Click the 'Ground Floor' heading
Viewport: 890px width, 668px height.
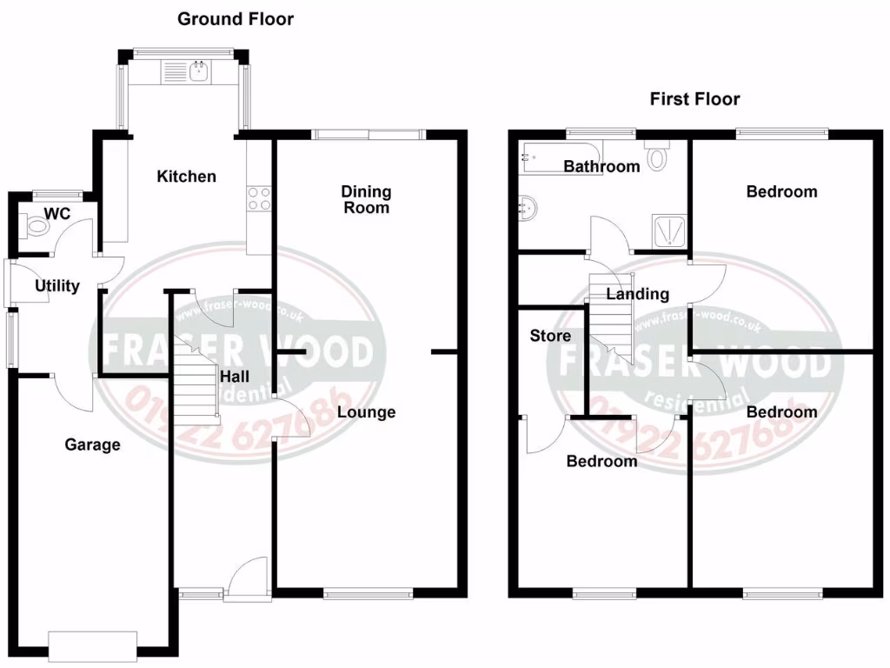pyautogui.click(x=236, y=18)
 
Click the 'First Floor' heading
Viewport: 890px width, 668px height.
pyautogui.click(x=694, y=98)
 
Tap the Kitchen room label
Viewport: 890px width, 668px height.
pyautogui.click(x=186, y=177)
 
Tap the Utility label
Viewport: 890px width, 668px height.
pyautogui.click(x=57, y=285)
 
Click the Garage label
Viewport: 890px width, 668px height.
pyautogui.click(x=93, y=444)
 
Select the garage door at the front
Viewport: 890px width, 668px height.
pyautogui.click(x=93, y=645)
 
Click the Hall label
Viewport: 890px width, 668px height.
pyautogui.click(x=235, y=377)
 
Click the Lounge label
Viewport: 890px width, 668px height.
pyautogui.click(x=366, y=411)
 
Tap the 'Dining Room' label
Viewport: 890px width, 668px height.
pyautogui.click(x=366, y=199)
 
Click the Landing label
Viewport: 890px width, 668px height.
pyautogui.click(x=637, y=294)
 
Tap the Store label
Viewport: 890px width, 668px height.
pyautogui.click(x=550, y=336)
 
